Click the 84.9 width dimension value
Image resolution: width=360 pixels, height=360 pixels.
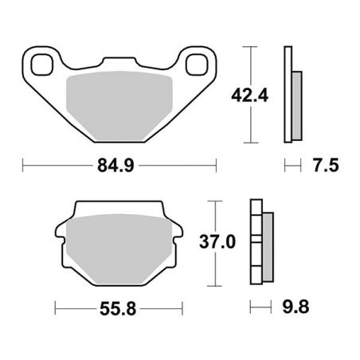click(119, 166)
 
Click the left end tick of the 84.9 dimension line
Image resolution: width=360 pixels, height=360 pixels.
click(23, 166)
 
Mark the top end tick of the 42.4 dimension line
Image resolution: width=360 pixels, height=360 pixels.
click(252, 48)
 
